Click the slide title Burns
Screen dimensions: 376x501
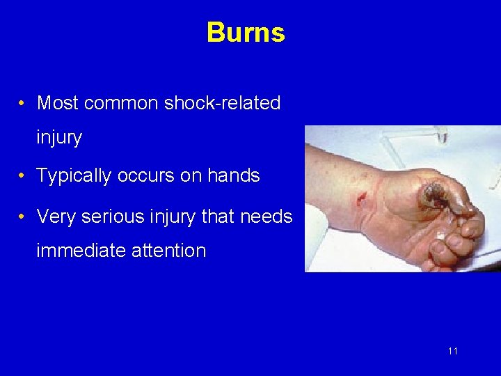(x=246, y=33)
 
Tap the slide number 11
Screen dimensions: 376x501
(x=453, y=351)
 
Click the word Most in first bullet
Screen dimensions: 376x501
(x=58, y=103)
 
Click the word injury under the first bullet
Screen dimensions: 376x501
(x=59, y=138)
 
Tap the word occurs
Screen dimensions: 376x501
(x=146, y=176)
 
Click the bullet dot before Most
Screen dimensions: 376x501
(x=23, y=104)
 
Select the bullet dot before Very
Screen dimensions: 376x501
(x=23, y=217)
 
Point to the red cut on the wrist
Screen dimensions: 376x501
(x=360, y=201)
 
